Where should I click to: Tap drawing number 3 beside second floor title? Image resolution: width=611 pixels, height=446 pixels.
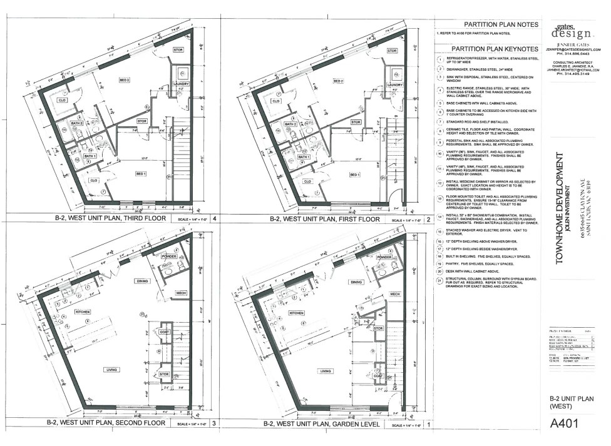(215, 423)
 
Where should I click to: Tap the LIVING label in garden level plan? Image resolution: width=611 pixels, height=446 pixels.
(325, 370)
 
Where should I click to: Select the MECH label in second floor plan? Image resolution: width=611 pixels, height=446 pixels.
(180, 293)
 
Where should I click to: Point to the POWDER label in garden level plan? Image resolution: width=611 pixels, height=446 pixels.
(384, 258)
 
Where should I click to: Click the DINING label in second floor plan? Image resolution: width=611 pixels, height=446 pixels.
(141, 281)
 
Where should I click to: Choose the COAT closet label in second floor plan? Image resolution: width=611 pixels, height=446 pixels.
(164, 332)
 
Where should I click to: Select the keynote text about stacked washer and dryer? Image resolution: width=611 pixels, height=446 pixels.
(486, 231)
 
